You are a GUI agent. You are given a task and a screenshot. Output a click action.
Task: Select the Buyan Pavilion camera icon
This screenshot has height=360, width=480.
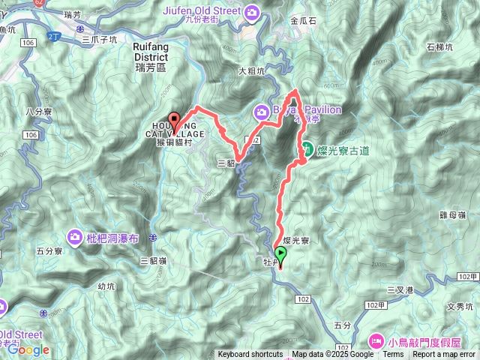pos(262,112)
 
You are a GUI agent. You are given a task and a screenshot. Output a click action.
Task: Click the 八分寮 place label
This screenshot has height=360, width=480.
pos(37,111)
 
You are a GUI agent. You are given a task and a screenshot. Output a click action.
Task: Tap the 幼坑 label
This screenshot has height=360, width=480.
pos(108,285)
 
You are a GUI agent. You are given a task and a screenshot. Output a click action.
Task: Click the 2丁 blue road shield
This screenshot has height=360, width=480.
pos(51,35)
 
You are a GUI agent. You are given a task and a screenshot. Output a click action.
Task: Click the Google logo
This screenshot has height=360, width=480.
pos(28,349)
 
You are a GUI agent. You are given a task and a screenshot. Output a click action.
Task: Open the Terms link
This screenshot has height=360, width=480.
pos(392,355)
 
